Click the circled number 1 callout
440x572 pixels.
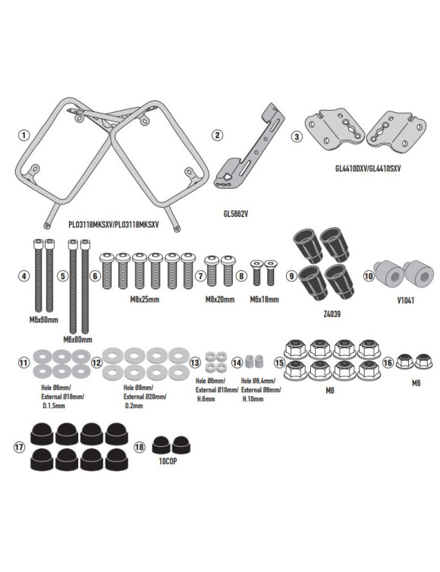(x=24, y=136)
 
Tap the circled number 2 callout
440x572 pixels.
(x=217, y=136)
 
